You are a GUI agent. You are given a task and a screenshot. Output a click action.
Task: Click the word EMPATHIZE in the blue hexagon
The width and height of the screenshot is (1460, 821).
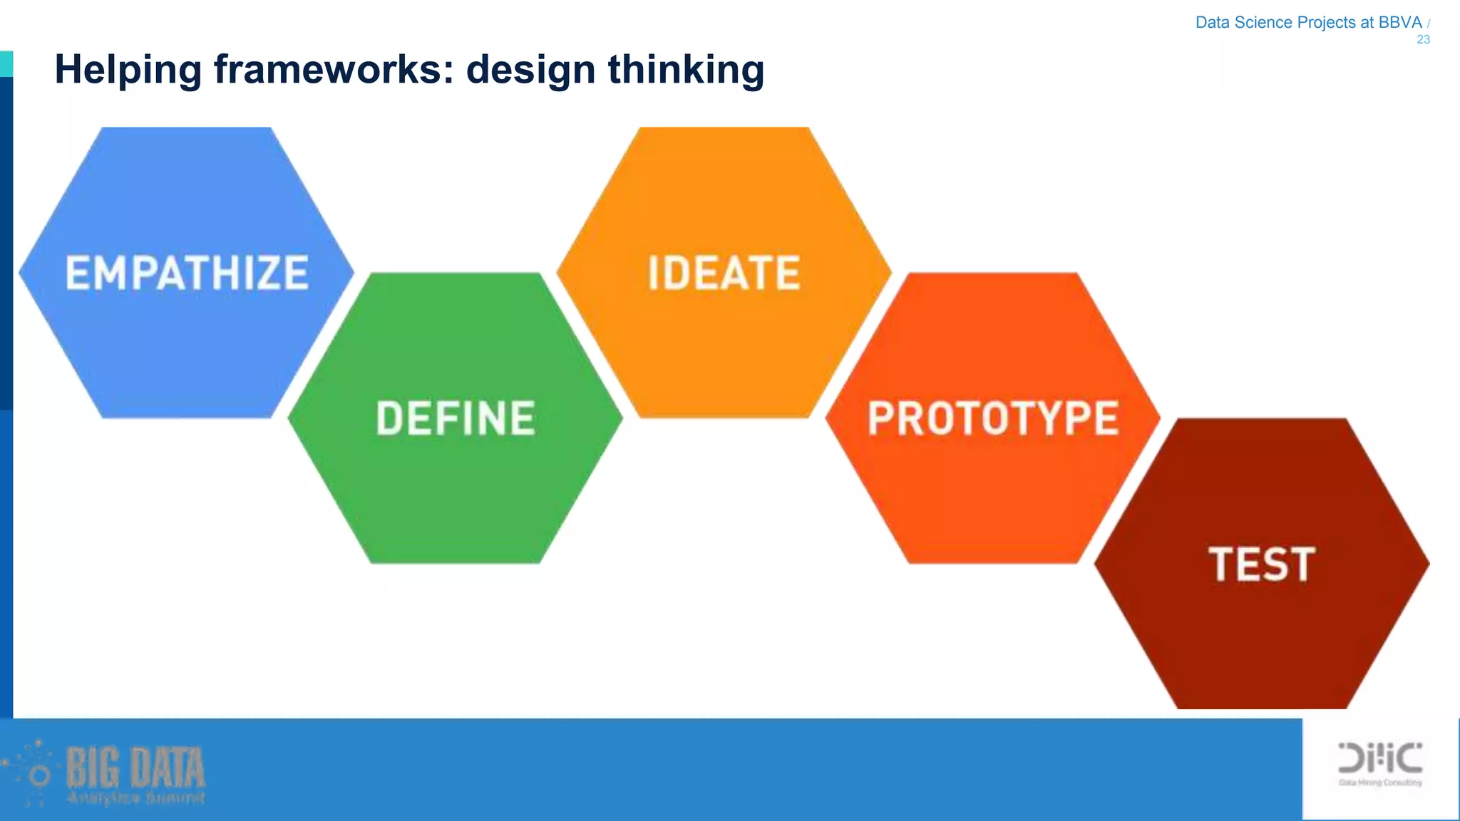tap(187, 273)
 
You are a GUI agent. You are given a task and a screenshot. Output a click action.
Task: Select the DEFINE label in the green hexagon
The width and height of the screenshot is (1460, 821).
tap(456, 418)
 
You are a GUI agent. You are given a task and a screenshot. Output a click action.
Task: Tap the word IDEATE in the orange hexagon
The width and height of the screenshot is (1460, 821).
tap(724, 273)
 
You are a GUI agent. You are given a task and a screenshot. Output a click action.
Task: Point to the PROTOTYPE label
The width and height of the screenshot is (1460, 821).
tap(992, 418)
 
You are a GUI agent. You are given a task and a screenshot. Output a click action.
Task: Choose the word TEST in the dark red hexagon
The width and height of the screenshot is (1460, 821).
tap(1261, 564)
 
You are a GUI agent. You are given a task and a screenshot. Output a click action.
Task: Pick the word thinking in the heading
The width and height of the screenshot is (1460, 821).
tap(686, 71)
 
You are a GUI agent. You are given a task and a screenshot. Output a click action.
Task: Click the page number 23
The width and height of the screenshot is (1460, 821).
tap(1423, 40)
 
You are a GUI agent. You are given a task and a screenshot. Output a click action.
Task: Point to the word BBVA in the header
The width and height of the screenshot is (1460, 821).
tap(1400, 22)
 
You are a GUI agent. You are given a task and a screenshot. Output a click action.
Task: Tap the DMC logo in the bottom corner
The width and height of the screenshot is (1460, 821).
tap(1380, 758)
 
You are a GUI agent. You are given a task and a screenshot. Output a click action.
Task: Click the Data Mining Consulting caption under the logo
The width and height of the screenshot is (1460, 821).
tap(1380, 783)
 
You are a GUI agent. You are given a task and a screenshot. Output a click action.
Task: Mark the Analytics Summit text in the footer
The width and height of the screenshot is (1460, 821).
tap(135, 797)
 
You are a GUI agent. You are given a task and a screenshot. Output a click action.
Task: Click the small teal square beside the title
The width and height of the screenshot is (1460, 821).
tap(6, 63)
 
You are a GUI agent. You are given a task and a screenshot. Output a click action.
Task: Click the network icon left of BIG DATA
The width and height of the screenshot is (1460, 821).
tap(32, 773)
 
